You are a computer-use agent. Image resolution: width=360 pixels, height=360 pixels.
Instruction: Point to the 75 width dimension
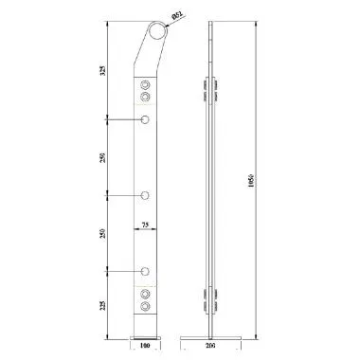(144, 225)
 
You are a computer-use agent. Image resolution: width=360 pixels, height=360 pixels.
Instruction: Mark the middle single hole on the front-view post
(145, 195)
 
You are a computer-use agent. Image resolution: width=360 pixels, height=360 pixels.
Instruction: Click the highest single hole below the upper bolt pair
(145, 119)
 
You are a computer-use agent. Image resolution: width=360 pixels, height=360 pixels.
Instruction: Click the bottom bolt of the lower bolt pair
(145, 307)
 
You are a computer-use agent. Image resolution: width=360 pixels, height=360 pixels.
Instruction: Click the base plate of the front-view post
(144, 335)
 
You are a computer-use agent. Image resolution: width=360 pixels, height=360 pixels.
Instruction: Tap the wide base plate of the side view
(211, 335)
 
